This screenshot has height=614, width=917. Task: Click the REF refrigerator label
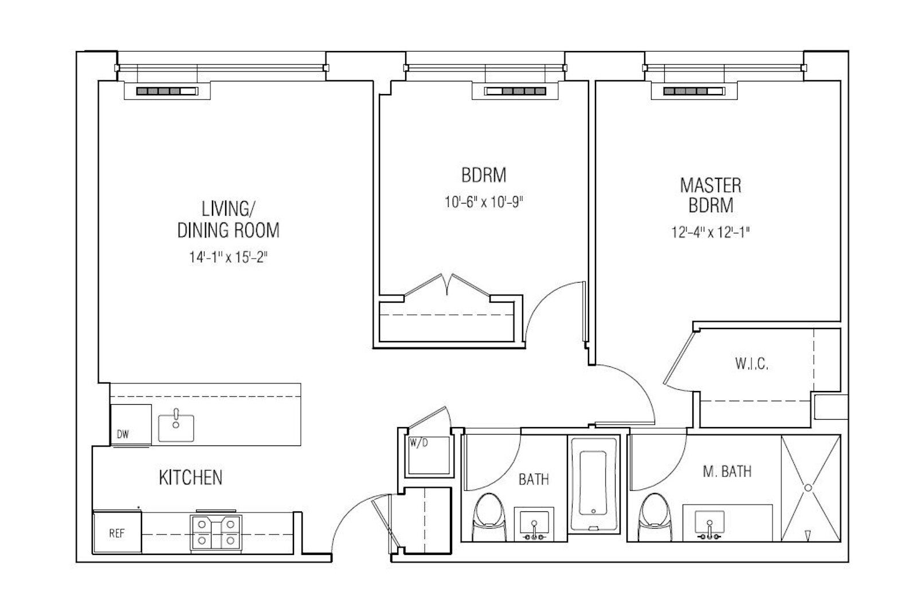[117, 533]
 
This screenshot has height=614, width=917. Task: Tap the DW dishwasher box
[131, 425]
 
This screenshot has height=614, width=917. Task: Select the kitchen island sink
[176, 428]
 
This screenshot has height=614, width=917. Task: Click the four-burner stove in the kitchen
[216, 531]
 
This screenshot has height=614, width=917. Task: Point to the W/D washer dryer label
[419, 443]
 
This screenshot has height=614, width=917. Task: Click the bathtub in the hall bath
[593, 484]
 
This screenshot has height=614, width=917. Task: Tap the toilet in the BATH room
[489, 517]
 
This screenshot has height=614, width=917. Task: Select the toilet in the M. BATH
[656, 517]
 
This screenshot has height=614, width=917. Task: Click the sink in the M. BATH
[710, 525]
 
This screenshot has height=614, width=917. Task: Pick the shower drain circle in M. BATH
[808, 488]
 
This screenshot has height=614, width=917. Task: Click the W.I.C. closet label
[751, 363]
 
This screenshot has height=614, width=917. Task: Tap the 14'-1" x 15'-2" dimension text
[228, 257]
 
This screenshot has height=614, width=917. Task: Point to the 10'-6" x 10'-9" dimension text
[484, 202]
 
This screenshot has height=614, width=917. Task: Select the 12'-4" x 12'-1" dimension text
[711, 232]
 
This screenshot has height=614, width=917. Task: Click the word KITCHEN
[190, 478]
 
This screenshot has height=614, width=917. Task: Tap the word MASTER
[711, 186]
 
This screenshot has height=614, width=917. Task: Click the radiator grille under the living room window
[167, 91]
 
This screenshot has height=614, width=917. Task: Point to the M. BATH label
[727, 471]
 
